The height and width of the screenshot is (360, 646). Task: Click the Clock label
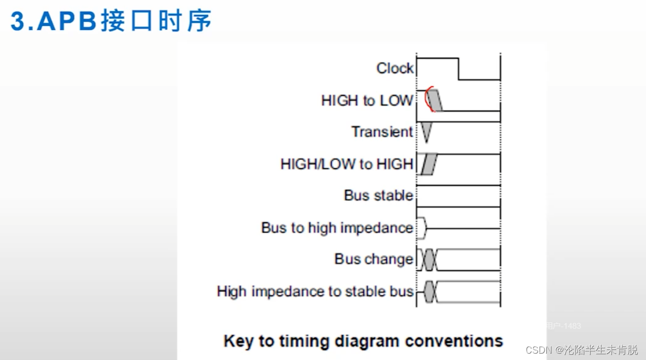395,68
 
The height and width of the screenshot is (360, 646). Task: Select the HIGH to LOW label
366,100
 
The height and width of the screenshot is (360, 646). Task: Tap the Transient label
382,131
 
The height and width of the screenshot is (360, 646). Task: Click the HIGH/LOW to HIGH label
346,164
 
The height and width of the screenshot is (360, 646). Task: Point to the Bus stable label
378,196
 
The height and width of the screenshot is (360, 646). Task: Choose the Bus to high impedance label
337,227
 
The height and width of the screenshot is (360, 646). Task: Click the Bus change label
373,259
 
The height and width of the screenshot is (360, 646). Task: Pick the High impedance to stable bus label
315,291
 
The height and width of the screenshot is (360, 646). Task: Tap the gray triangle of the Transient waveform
426,130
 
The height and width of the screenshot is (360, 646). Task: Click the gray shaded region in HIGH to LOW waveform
436,100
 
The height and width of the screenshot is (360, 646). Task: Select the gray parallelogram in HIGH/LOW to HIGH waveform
429,164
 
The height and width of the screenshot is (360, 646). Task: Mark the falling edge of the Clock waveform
458,69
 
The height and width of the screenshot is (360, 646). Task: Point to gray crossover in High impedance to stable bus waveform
430,292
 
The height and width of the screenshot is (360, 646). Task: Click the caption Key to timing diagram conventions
363,340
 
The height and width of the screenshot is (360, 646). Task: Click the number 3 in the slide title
19,21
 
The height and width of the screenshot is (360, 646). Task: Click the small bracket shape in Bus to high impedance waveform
422,228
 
